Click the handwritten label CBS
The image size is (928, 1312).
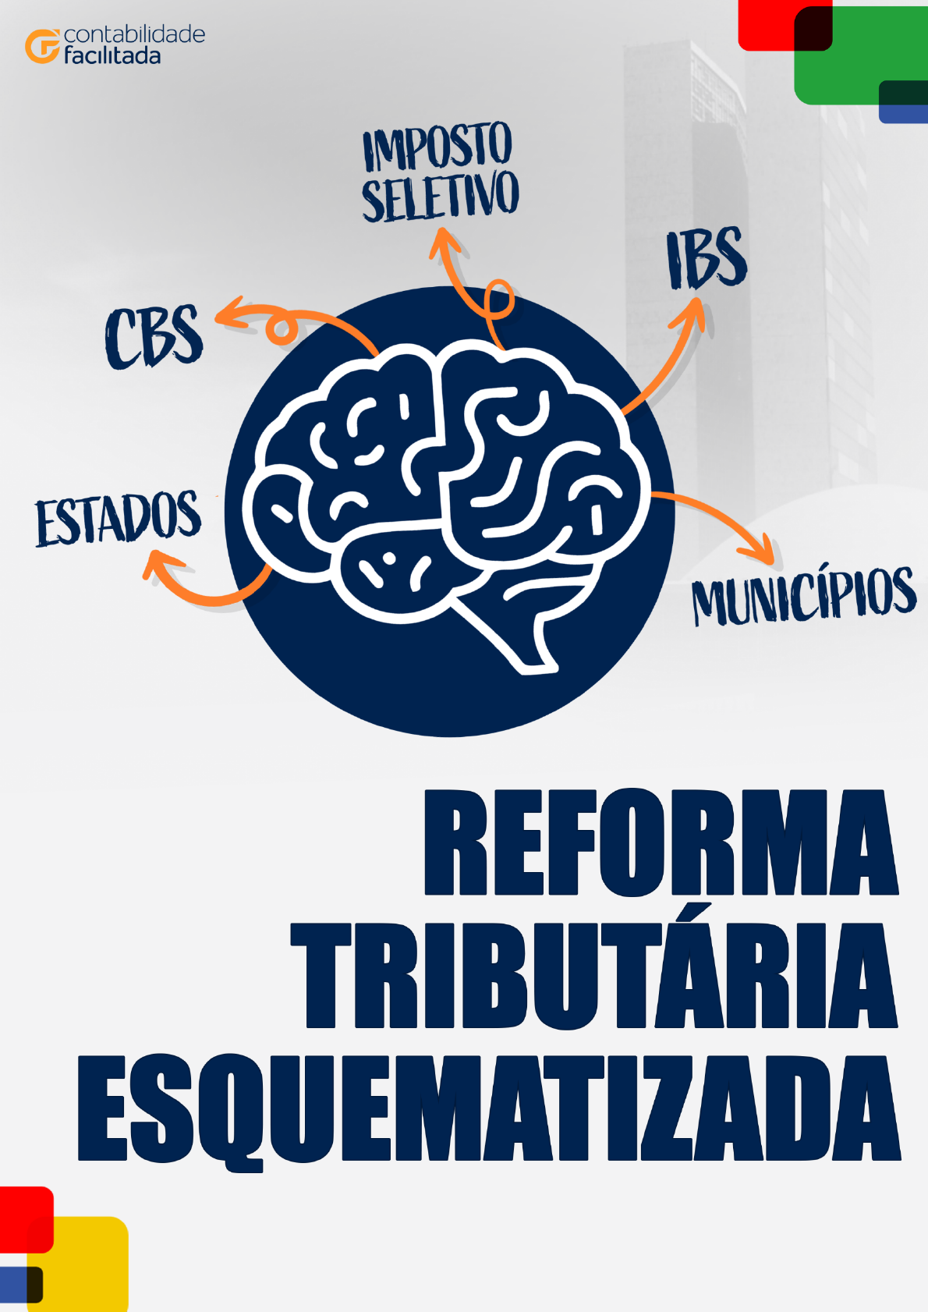(154, 336)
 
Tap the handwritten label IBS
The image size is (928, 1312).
(707, 259)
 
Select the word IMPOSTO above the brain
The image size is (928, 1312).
(437, 147)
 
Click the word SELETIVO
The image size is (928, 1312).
(441, 196)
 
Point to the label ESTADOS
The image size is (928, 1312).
(119, 518)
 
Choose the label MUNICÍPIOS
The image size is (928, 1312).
(804, 597)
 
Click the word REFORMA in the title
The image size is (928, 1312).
(661, 842)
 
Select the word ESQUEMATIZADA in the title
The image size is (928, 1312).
(489, 1109)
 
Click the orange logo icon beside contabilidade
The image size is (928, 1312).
(42, 46)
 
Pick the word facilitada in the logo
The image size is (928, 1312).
(112, 56)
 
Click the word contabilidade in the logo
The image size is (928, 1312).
(134, 34)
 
